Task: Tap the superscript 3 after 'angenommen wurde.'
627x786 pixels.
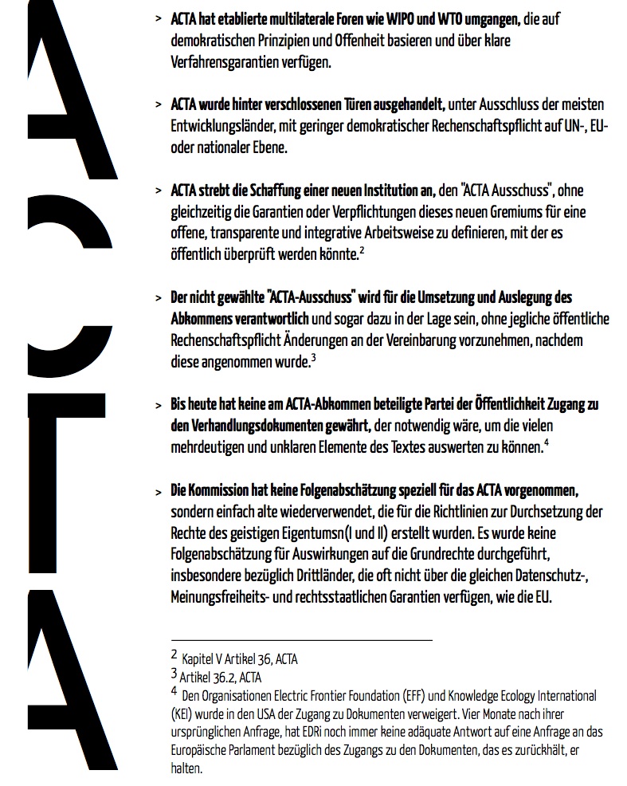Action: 314,359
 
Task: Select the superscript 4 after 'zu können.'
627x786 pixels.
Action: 546,444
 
